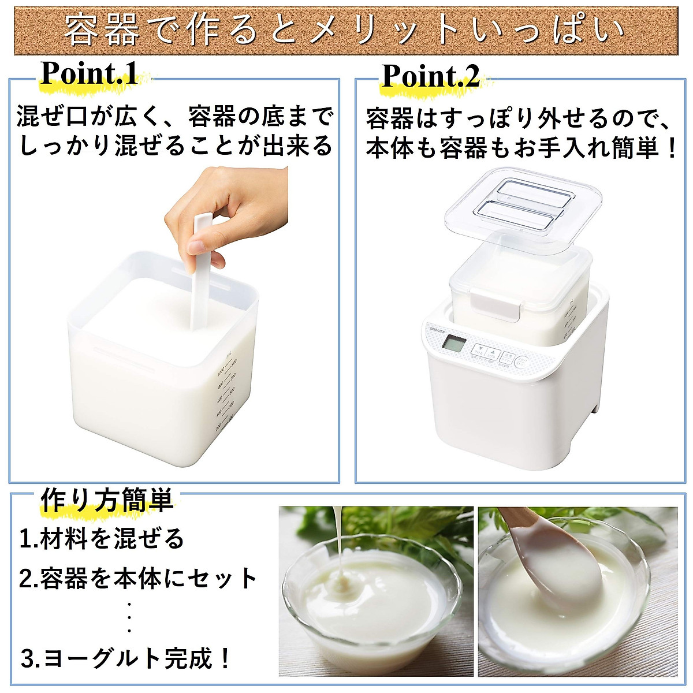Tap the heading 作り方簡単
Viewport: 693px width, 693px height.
click(107, 500)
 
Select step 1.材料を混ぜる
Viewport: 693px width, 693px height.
click(102, 539)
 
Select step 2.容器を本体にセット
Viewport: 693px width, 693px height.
click(139, 578)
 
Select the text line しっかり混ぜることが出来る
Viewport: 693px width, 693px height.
click(176, 145)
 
